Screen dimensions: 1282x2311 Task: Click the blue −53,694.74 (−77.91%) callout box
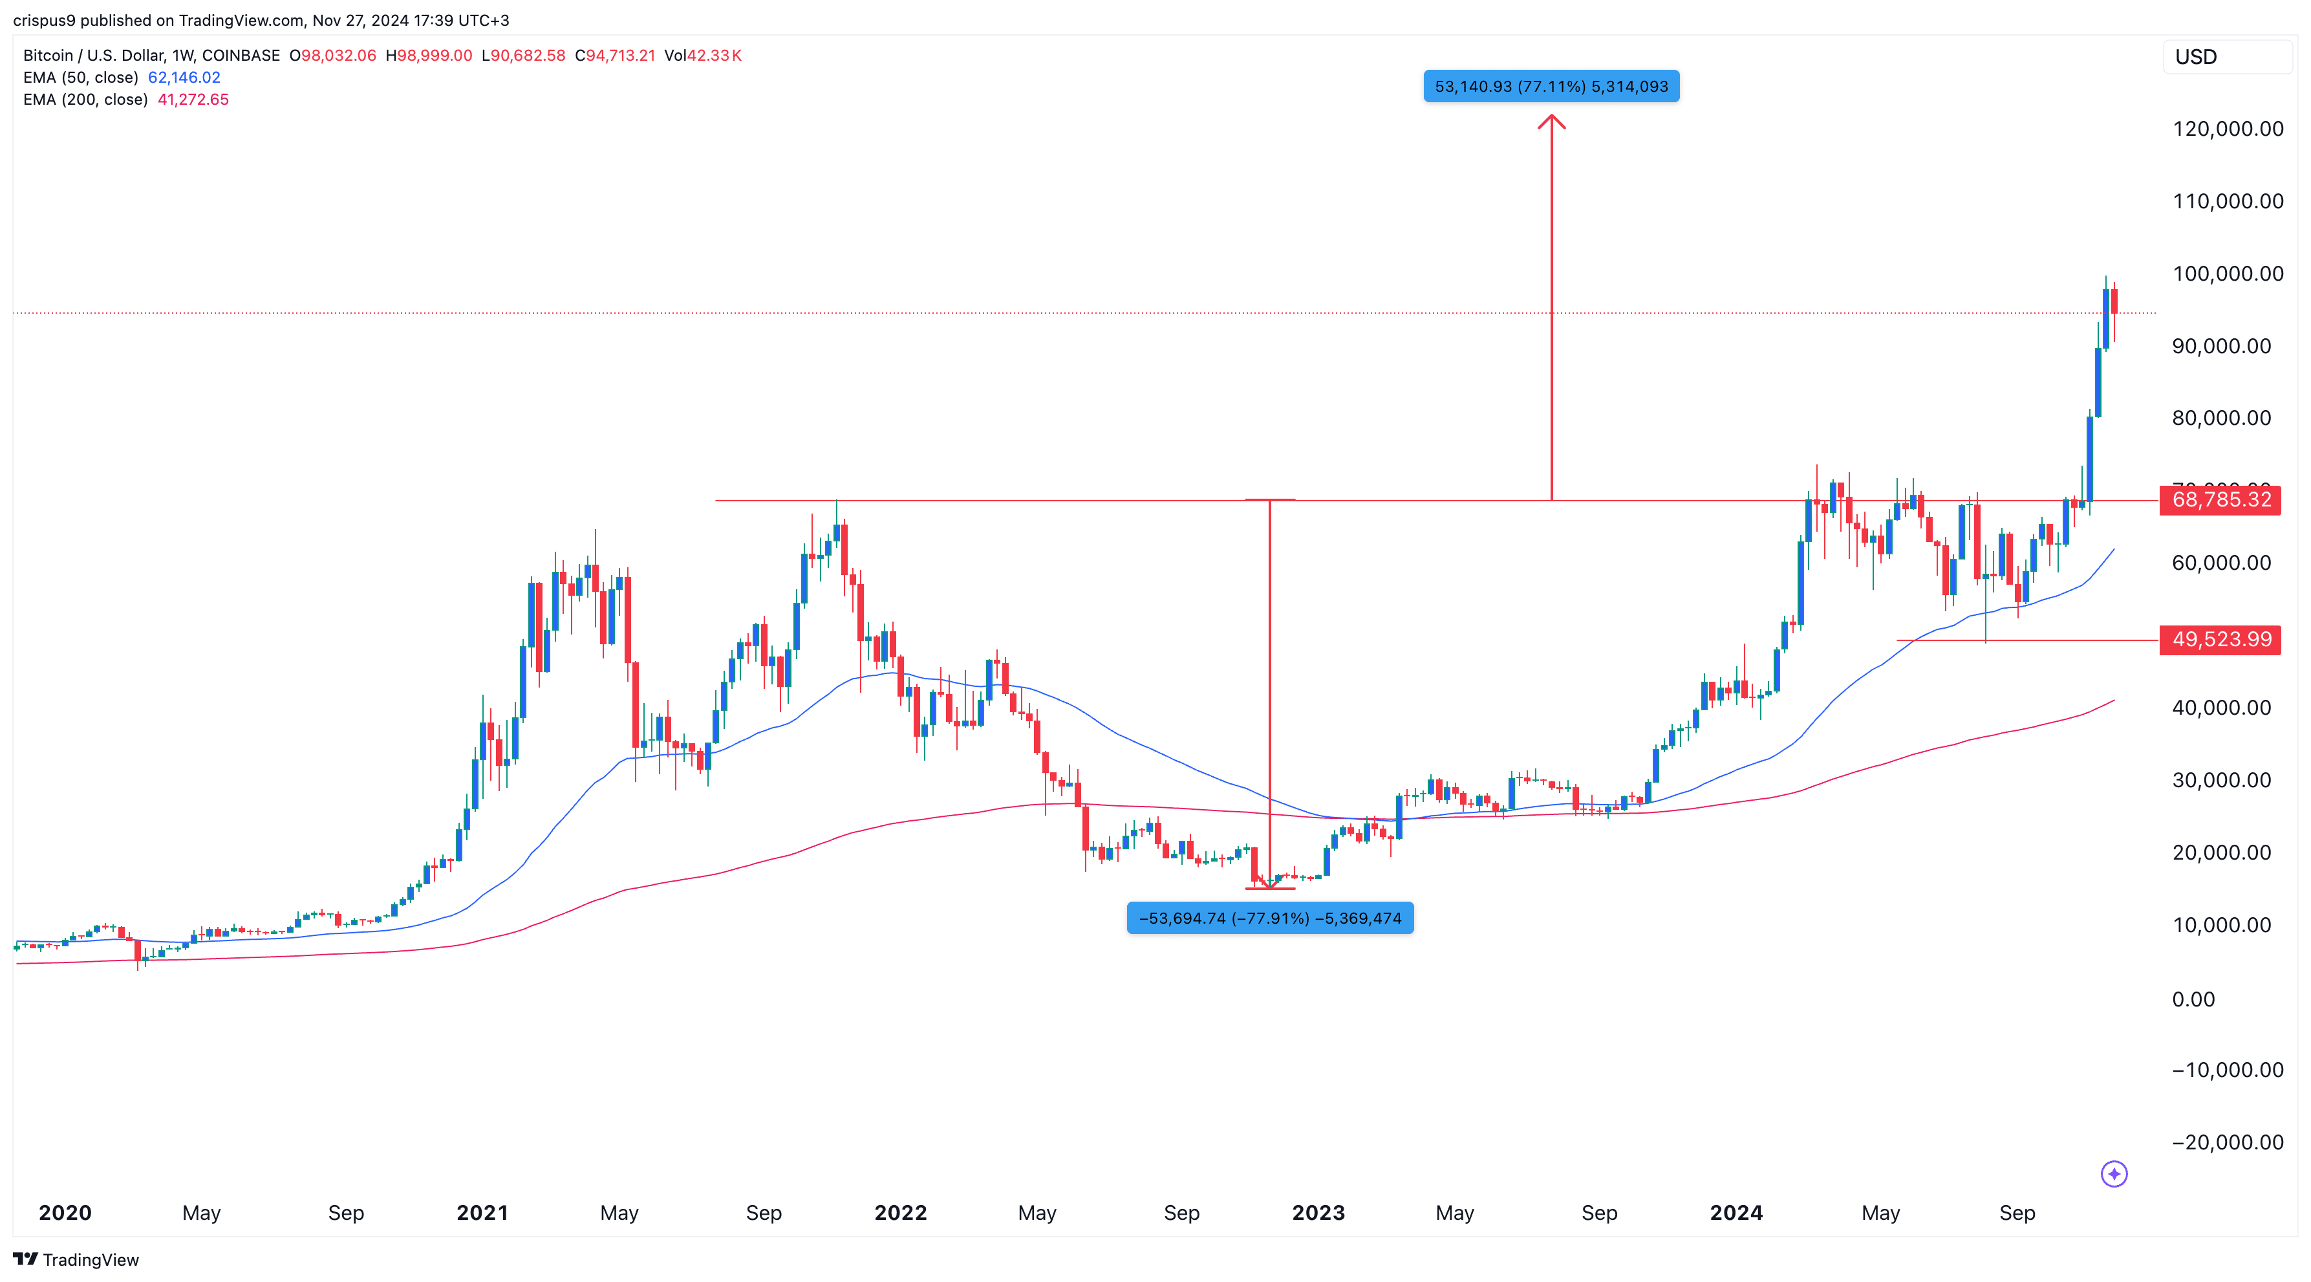click(1269, 918)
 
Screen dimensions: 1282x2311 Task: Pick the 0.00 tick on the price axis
click(2193, 999)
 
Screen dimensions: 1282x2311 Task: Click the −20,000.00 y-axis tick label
click(2228, 1143)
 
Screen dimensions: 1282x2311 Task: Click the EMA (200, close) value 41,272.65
click(193, 100)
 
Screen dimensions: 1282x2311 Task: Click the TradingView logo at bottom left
click(76, 1259)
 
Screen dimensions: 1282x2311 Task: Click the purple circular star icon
click(2114, 1173)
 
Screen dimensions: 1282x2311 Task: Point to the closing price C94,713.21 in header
click(616, 56)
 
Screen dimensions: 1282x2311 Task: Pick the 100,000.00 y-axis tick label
click(2228, 274)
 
